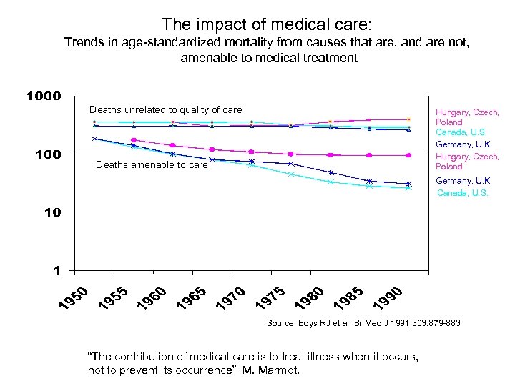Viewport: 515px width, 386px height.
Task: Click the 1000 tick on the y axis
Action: coord(44,96)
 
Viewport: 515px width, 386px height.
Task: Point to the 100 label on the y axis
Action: coord(48,154)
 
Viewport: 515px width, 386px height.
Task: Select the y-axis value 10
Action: coord(52,212)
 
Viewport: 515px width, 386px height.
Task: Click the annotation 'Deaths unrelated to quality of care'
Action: coord(165,110)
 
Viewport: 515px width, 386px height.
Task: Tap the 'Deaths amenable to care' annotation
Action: coord(152,165)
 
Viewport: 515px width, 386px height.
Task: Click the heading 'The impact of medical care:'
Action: coord(266,24)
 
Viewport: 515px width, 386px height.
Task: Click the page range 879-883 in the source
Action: coord(443,323)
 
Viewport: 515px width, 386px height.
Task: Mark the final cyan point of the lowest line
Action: coord(408,188)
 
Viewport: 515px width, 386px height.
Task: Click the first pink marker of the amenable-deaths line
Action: coord(134,140)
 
